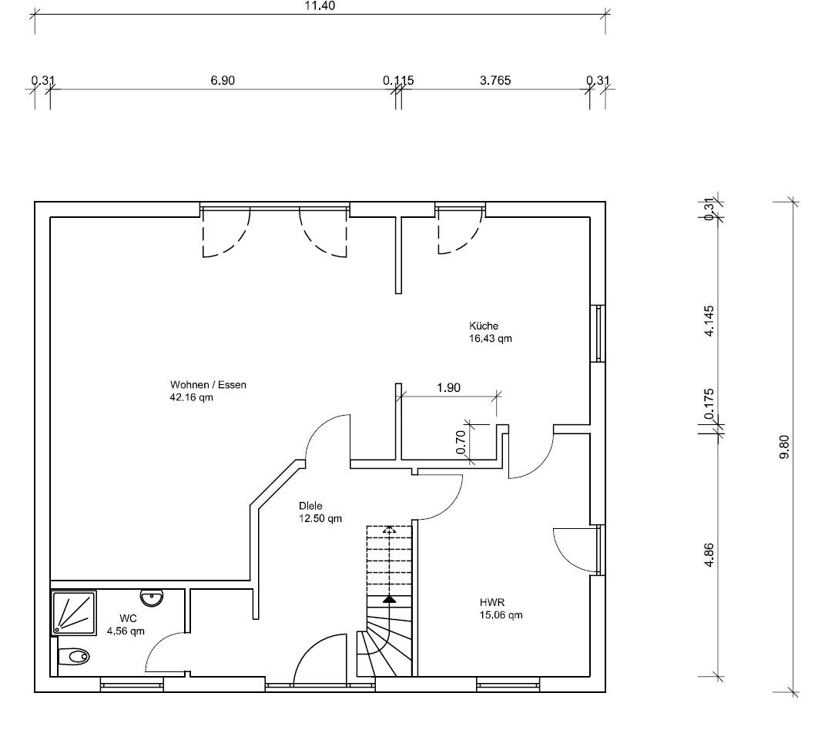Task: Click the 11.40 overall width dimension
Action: click(x=320, y=5)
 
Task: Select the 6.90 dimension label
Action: click(x=223, y=80)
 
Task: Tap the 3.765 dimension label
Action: click(x=495, y=80)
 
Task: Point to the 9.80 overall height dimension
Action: click(x=784, y=447)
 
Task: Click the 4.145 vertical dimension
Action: click(x=709, y=320)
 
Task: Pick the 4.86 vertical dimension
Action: click(x=709, y=555)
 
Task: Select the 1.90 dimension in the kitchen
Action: click(x=448, y=388)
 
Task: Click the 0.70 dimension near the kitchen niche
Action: click(x=460, y=442)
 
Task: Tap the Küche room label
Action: click(x=484, y=326)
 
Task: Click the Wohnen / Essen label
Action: click(x=208, y=385)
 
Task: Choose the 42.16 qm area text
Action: click(x=192, y=397)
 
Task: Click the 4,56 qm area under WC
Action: click(x=126, y=631)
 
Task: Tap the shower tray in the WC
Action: click(x=74, y=613)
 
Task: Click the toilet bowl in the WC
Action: click(x=73, y=656)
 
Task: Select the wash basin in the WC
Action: click(x=152, y=598)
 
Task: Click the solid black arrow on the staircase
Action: click(x=389, y=599)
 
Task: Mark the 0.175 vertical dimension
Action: click(x=709, y=404)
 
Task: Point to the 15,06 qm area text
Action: click(x=501, y=615)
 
